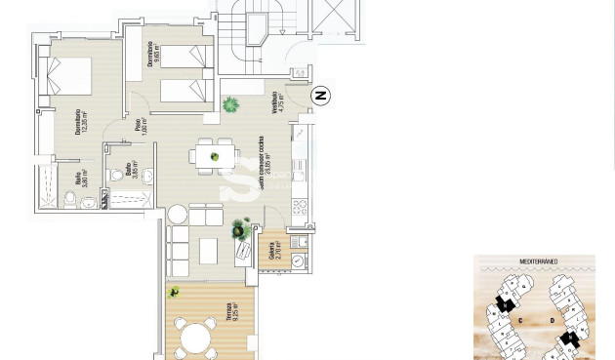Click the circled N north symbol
[320, 95]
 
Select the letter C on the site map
[521, 319]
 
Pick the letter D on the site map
[552, 319]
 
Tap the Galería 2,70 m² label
[277, 252]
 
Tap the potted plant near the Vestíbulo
[231, 104]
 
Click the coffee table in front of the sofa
[209, 251]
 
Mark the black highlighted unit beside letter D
[569, 340]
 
